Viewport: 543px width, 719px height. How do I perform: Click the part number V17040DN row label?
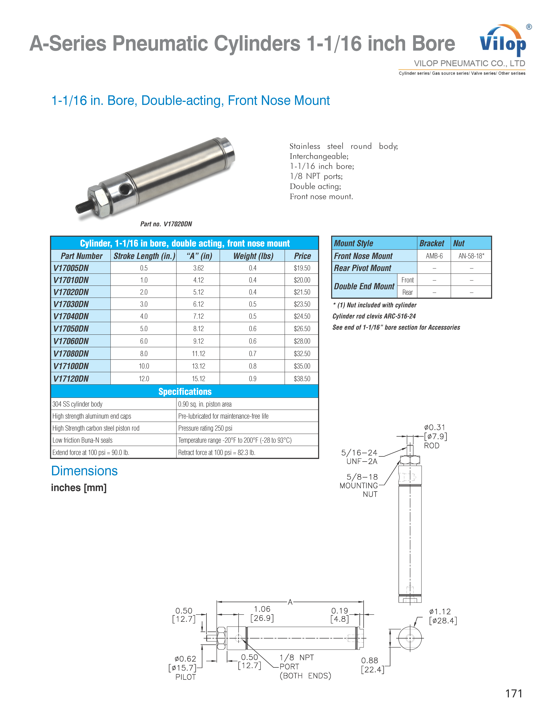pos(71,316)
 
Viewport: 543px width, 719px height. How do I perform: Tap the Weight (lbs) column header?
pos(253,256)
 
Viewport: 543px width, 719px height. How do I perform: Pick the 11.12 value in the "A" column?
pos(198,354)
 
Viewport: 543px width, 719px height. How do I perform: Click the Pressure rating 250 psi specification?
pos(205,428)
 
